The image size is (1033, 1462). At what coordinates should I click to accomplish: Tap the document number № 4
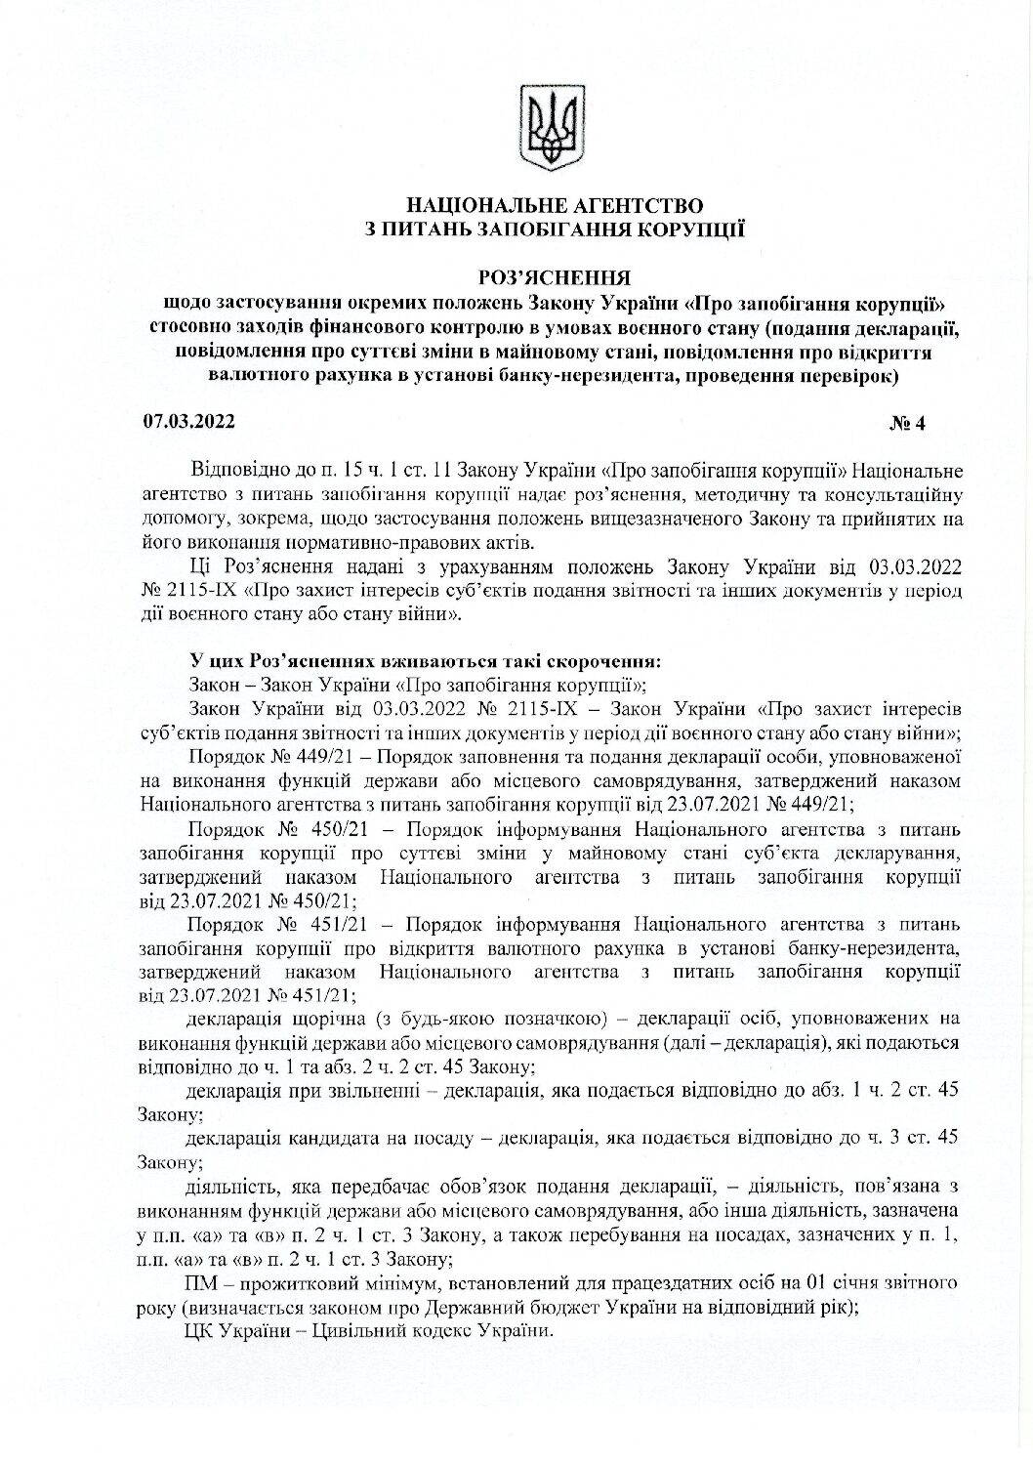[913, 424]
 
